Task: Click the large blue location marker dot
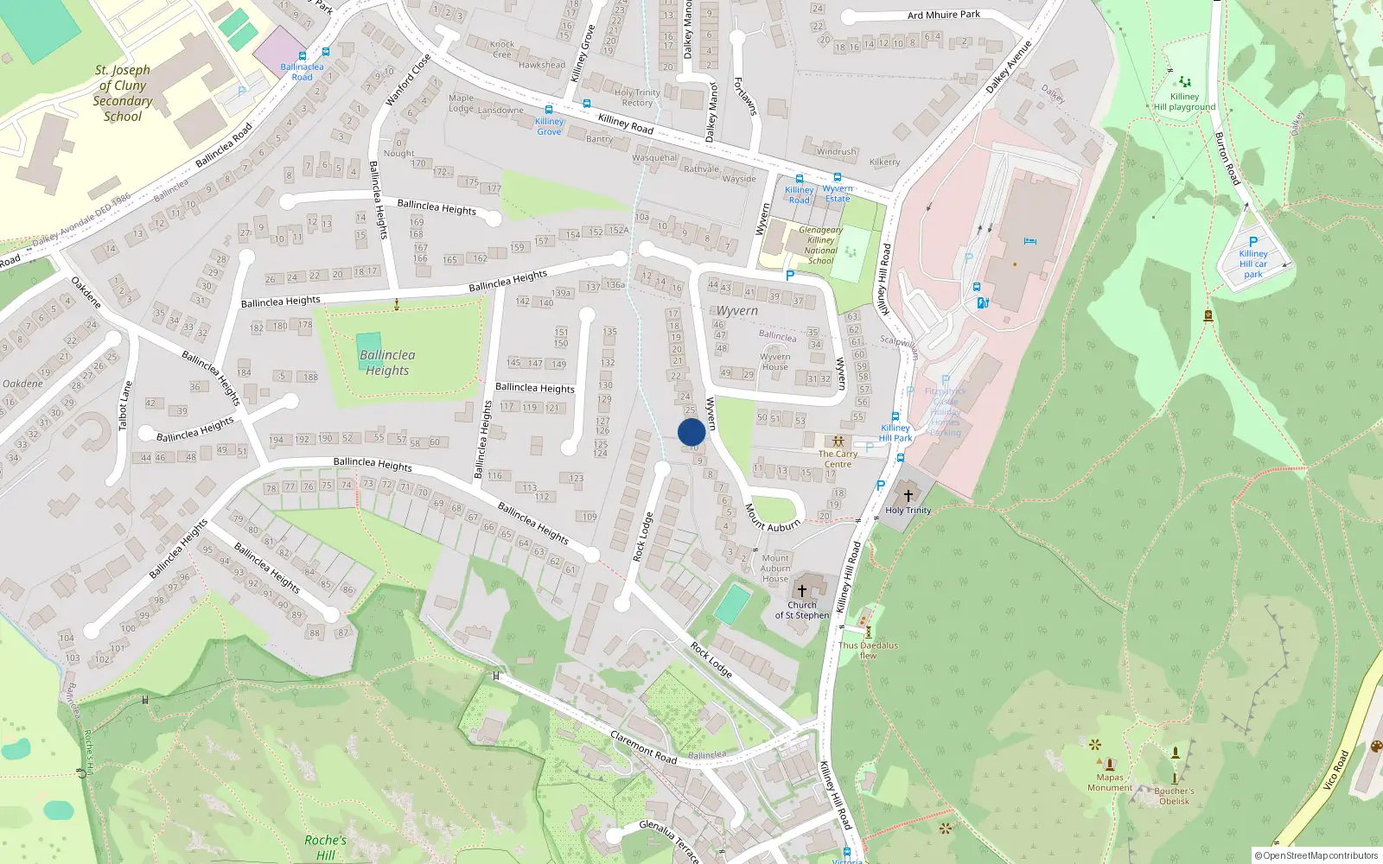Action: click(691, 432)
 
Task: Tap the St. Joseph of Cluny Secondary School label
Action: click(123, 93)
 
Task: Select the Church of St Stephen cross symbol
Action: click(802, 591)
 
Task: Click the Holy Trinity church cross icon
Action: click(908, 495)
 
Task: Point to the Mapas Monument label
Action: click(1110, 783)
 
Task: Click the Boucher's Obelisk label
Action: click(1174, 796)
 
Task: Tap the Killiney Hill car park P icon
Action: click(1253, 242)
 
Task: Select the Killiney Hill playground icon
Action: click(1185, 82)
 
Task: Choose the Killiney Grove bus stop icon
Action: click(549, 110)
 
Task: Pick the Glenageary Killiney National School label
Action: click(820, 245)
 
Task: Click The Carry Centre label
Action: click(838, 459)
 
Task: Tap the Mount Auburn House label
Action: click(775, 569)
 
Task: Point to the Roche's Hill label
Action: click(325, 848)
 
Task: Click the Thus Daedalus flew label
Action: click(868, 650)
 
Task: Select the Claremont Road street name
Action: click(644, 747)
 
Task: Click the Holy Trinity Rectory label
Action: click(637, 98)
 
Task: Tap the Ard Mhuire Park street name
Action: click(944, 15)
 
